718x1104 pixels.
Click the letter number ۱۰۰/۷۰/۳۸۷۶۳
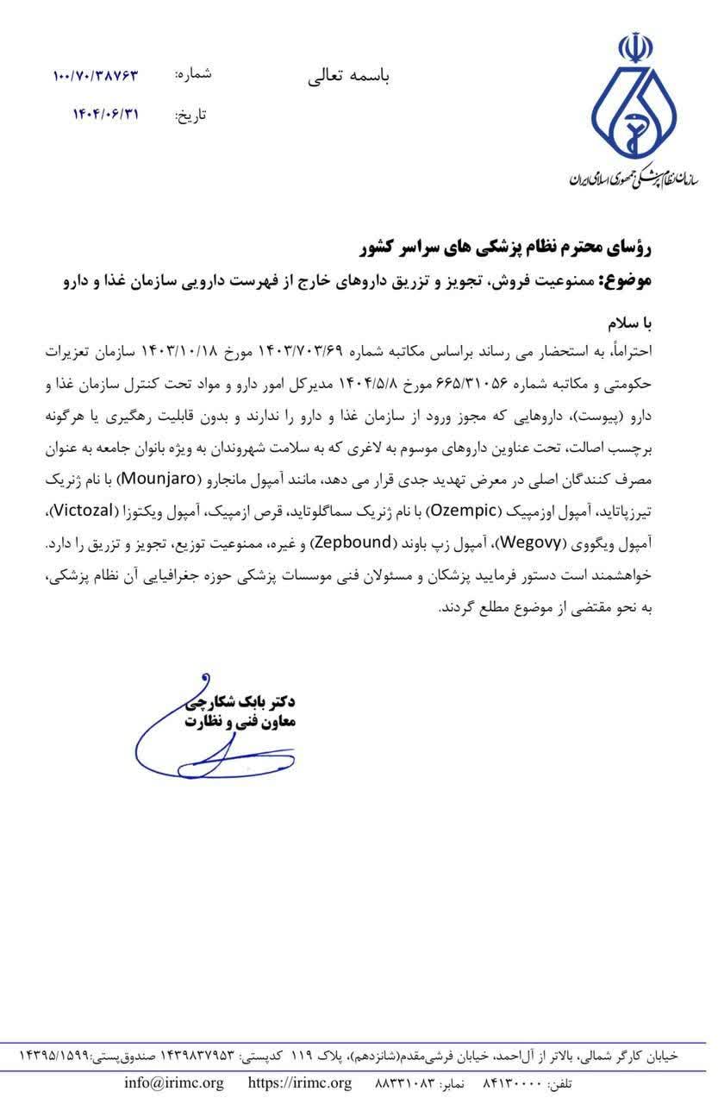(95, 76)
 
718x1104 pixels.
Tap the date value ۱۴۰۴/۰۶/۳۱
(105, 114)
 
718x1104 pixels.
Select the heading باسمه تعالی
(348, 76)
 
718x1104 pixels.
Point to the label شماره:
(193, 75)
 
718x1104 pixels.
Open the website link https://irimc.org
(299, 1083)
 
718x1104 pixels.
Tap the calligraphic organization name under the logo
(633, 176)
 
